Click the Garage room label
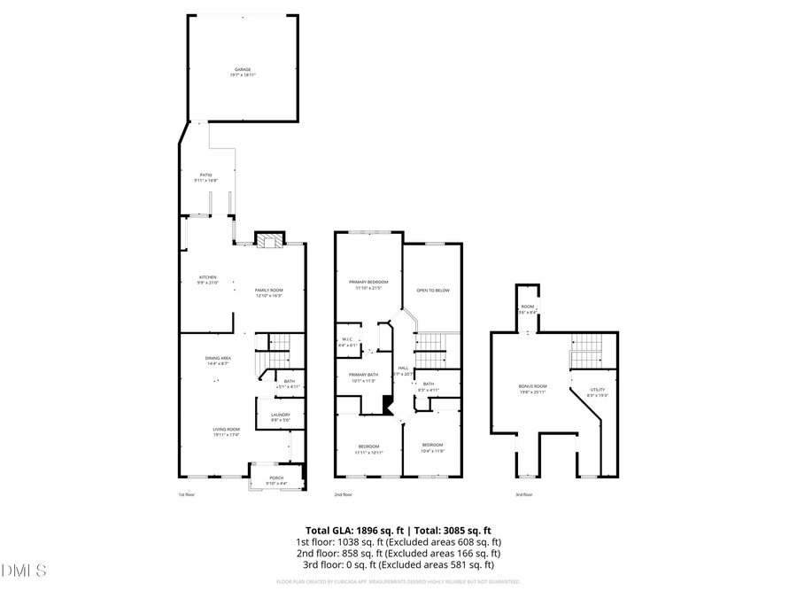click(x=243, y=69)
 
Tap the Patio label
click(x=205, y=175)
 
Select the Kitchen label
click(x=207, y=277)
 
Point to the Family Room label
click(x=269, y=291)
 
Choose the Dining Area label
click(x=218, y=358)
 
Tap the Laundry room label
click(x=281, y=415)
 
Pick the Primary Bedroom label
click(x=368, y=282)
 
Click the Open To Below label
click(x=433, y=291)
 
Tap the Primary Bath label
click(x=364, y=376)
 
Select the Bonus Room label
click(x=532, y=387)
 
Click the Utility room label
click(x=598, y=390)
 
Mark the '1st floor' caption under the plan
click(x=188, y=494)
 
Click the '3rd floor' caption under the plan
click(x=523, y=494)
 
